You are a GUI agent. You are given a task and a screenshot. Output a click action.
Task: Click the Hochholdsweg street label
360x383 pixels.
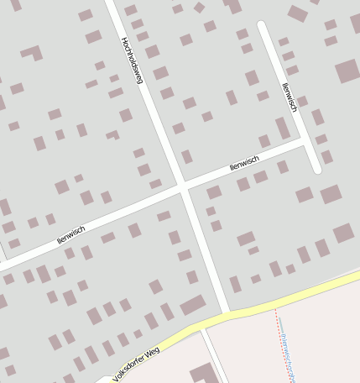(x=133, y=60)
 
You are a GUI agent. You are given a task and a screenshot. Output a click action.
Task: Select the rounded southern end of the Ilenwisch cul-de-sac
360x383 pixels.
(x=316, y=169)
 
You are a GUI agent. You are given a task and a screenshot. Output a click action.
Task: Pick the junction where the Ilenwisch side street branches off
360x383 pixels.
(x=302, y=143)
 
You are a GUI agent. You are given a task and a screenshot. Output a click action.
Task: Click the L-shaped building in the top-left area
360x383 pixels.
(x=34, y=53)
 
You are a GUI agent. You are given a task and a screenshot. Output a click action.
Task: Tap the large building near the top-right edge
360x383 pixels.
(x=347, y=71)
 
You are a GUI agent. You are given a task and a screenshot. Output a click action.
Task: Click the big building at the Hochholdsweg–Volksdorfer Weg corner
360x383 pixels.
(x=192, y=304)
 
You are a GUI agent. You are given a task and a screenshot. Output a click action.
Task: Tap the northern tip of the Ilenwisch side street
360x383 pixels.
(x=262, y=26)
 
